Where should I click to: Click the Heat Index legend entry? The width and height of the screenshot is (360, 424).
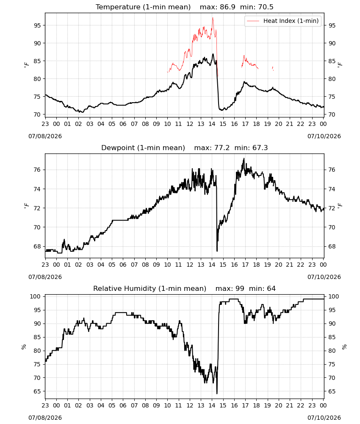(283, 21)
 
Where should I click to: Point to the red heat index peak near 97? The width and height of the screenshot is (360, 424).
(213, 18)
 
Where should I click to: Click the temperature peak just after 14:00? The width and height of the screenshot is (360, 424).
(213, 54)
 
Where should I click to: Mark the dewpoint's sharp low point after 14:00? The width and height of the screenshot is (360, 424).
(217, 251)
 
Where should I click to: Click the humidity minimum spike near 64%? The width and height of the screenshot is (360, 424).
(217, 393)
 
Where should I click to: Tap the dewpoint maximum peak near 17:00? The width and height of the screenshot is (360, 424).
(244, 159)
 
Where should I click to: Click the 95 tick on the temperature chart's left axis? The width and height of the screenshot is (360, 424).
(37, 25)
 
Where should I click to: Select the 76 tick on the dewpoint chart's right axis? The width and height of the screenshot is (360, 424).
(332, 170)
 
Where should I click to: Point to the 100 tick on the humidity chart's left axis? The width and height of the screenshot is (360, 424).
(35, 296)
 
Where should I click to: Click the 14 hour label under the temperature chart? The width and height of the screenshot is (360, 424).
(212, 124)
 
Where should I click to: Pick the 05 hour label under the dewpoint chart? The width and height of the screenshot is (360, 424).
(112, 265)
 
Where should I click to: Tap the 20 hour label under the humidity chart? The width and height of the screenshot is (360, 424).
(278, 405)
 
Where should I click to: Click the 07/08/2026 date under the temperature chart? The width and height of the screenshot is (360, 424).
(45, 136)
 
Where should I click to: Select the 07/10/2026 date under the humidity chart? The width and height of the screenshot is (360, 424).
(324, 418)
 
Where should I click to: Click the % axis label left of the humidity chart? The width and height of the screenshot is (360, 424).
(24, 347)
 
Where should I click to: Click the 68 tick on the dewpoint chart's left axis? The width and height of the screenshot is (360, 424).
(37, 246)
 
